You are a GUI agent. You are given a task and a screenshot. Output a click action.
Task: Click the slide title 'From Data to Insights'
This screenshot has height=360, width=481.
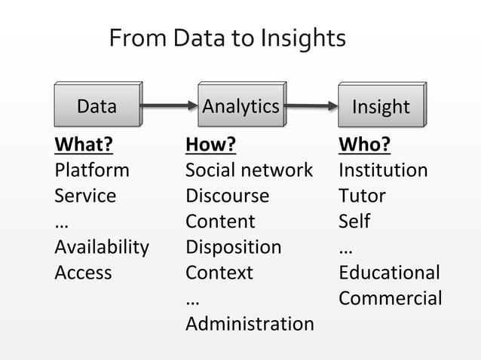pos(227,38)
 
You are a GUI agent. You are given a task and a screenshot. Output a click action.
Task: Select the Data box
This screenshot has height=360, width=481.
pos(97,106)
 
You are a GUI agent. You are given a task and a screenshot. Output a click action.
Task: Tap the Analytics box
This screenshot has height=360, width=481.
pos(240,106)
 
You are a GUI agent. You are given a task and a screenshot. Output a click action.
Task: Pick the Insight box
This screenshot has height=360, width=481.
pos(381,107)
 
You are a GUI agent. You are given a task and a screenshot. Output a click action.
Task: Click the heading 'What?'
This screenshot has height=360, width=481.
pos(78,145)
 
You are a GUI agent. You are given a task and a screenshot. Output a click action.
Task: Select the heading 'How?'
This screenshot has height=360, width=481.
pos(210,145)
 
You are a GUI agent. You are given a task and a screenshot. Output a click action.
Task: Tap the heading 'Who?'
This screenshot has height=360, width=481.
pos(364,145)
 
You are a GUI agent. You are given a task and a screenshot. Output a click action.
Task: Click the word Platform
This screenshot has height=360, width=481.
pos(91,170)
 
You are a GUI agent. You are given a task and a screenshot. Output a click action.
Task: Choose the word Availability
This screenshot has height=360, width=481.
pos(101,247)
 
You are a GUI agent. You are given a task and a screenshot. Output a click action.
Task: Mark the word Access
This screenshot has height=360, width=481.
pos(83,273)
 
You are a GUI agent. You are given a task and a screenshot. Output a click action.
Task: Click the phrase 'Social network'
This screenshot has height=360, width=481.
pos(249,170)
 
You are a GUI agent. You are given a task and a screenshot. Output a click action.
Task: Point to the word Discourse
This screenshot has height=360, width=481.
pos(227,196)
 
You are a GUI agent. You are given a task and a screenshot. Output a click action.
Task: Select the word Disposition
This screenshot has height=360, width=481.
pos(233,247)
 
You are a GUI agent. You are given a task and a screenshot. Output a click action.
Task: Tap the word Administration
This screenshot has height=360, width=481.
pos(250,324)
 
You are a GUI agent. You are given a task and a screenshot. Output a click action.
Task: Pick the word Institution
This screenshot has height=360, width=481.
pos(383,170)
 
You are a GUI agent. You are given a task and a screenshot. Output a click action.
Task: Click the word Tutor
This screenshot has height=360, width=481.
pos(362,196)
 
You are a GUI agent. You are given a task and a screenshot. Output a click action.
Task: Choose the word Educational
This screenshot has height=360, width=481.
pos(389,273)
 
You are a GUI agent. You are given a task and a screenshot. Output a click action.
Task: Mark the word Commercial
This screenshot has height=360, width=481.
pos(390,298)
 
